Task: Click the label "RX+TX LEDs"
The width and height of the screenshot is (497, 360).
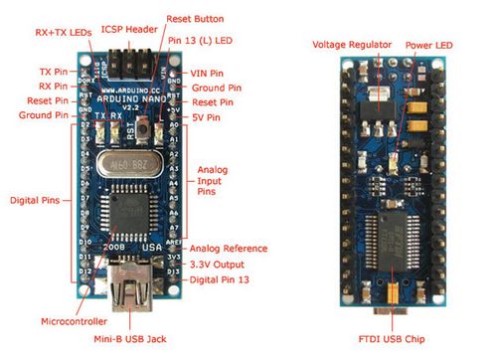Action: coord(44,32)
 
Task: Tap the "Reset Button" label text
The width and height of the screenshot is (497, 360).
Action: coord(194,18)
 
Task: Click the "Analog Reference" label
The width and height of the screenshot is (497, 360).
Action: coord(228,248)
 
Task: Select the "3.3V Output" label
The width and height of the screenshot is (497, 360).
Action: coord(217,264)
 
